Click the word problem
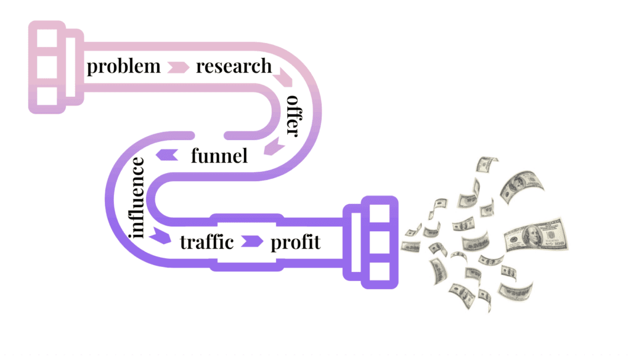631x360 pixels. (123, 67)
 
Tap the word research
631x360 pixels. (234, 67)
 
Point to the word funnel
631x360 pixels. (219, 155)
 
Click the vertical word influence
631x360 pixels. (137, 197)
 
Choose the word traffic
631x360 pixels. (206, 242)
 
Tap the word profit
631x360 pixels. (296, 242)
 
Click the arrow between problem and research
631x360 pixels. (178, 67)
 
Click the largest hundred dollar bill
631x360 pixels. (534, 235)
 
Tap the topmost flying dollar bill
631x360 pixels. (487, 165)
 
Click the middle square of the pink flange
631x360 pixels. (46, 67)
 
